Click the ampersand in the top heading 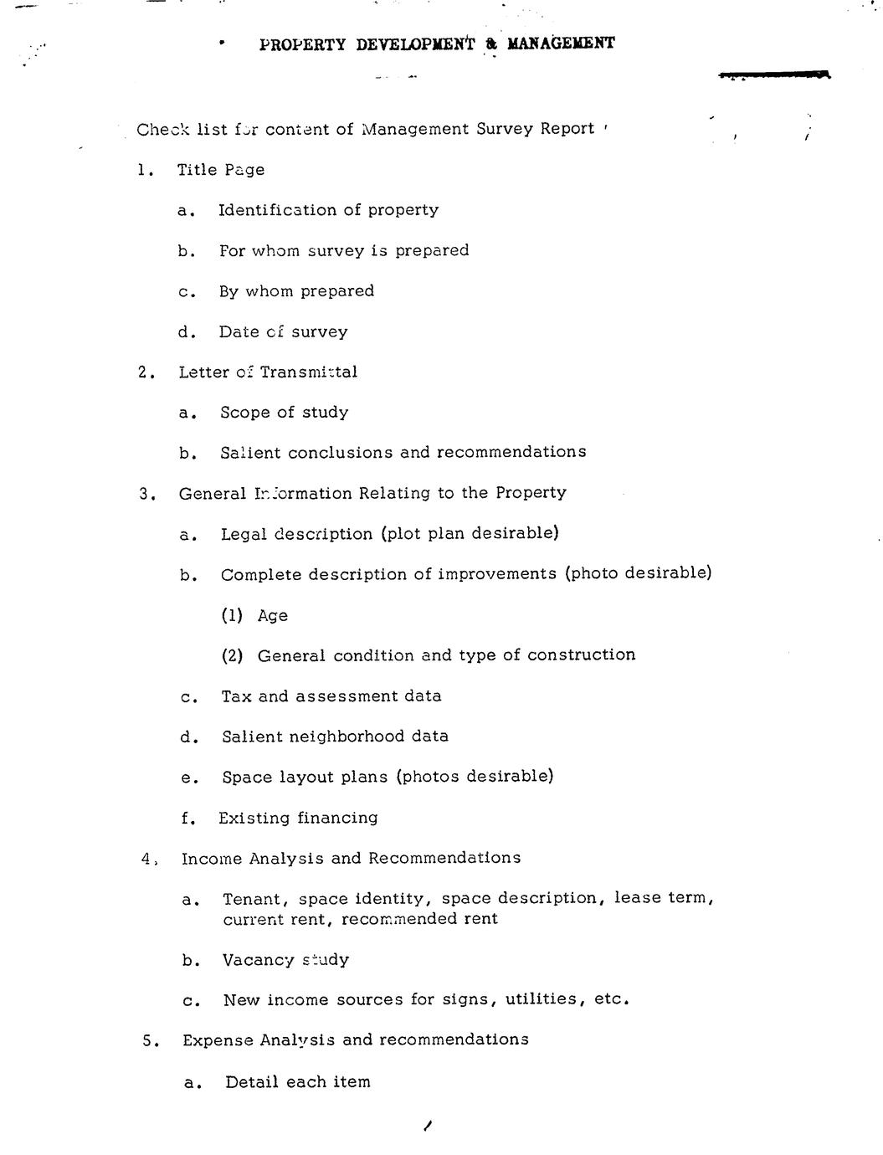click(x=491, y=44)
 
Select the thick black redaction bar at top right click(x=774, y=76)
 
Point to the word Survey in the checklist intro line click(x=506, y=129)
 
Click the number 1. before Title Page click(x=146, y=170)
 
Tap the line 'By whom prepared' click(x=296, y=291)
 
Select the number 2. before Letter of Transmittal click(x=147, y=372)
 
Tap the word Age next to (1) click(x=273, y=616)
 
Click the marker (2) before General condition click(x=232, y=655)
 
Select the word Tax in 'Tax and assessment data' click(x=236, y=696)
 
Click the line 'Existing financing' click(x=298, y=818)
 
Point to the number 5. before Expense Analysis click(x=151, y=1040)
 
